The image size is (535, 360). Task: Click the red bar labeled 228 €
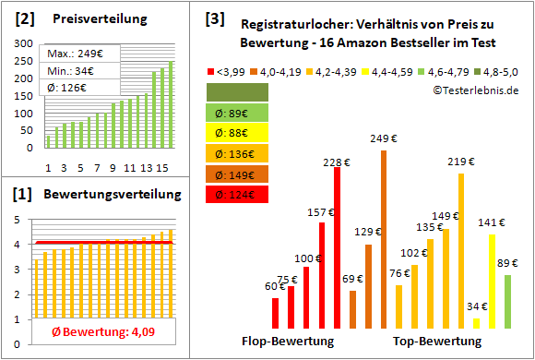(337, 247)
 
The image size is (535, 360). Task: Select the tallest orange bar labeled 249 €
(384, 239)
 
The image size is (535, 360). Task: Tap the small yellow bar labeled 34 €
(476, 323)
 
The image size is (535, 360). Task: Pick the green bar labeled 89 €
(507, 301)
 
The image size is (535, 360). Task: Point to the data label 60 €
(275, 286)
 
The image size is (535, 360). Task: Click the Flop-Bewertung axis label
(288, 342)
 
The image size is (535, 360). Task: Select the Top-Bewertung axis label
(437, 342)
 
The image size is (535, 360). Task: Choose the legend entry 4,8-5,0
(502, 70)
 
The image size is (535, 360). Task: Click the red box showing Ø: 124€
(237, 194)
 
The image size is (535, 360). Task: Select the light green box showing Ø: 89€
(237, 113)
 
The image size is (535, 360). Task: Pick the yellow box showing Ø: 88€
(237, 133)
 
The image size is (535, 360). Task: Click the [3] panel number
(214, 18)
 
